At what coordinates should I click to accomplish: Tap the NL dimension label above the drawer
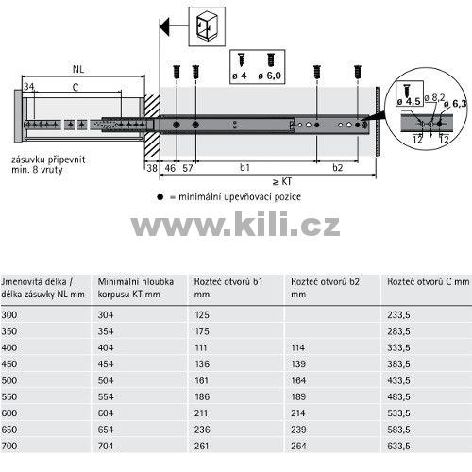[x=78, y=69]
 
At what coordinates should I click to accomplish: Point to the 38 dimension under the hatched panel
[x=152, y=168]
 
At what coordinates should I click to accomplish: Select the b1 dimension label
[x=244, y=167]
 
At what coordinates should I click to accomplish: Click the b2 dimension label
[x=338, y=167]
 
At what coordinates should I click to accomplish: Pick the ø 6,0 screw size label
[x=269, y=76]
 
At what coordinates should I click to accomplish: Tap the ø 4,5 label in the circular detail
[x=409, y=101]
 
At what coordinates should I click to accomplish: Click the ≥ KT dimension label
[x=282, y=181]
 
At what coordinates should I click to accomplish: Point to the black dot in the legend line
[x=160, y=197]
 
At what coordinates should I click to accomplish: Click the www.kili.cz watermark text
[x=235, y=225]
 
